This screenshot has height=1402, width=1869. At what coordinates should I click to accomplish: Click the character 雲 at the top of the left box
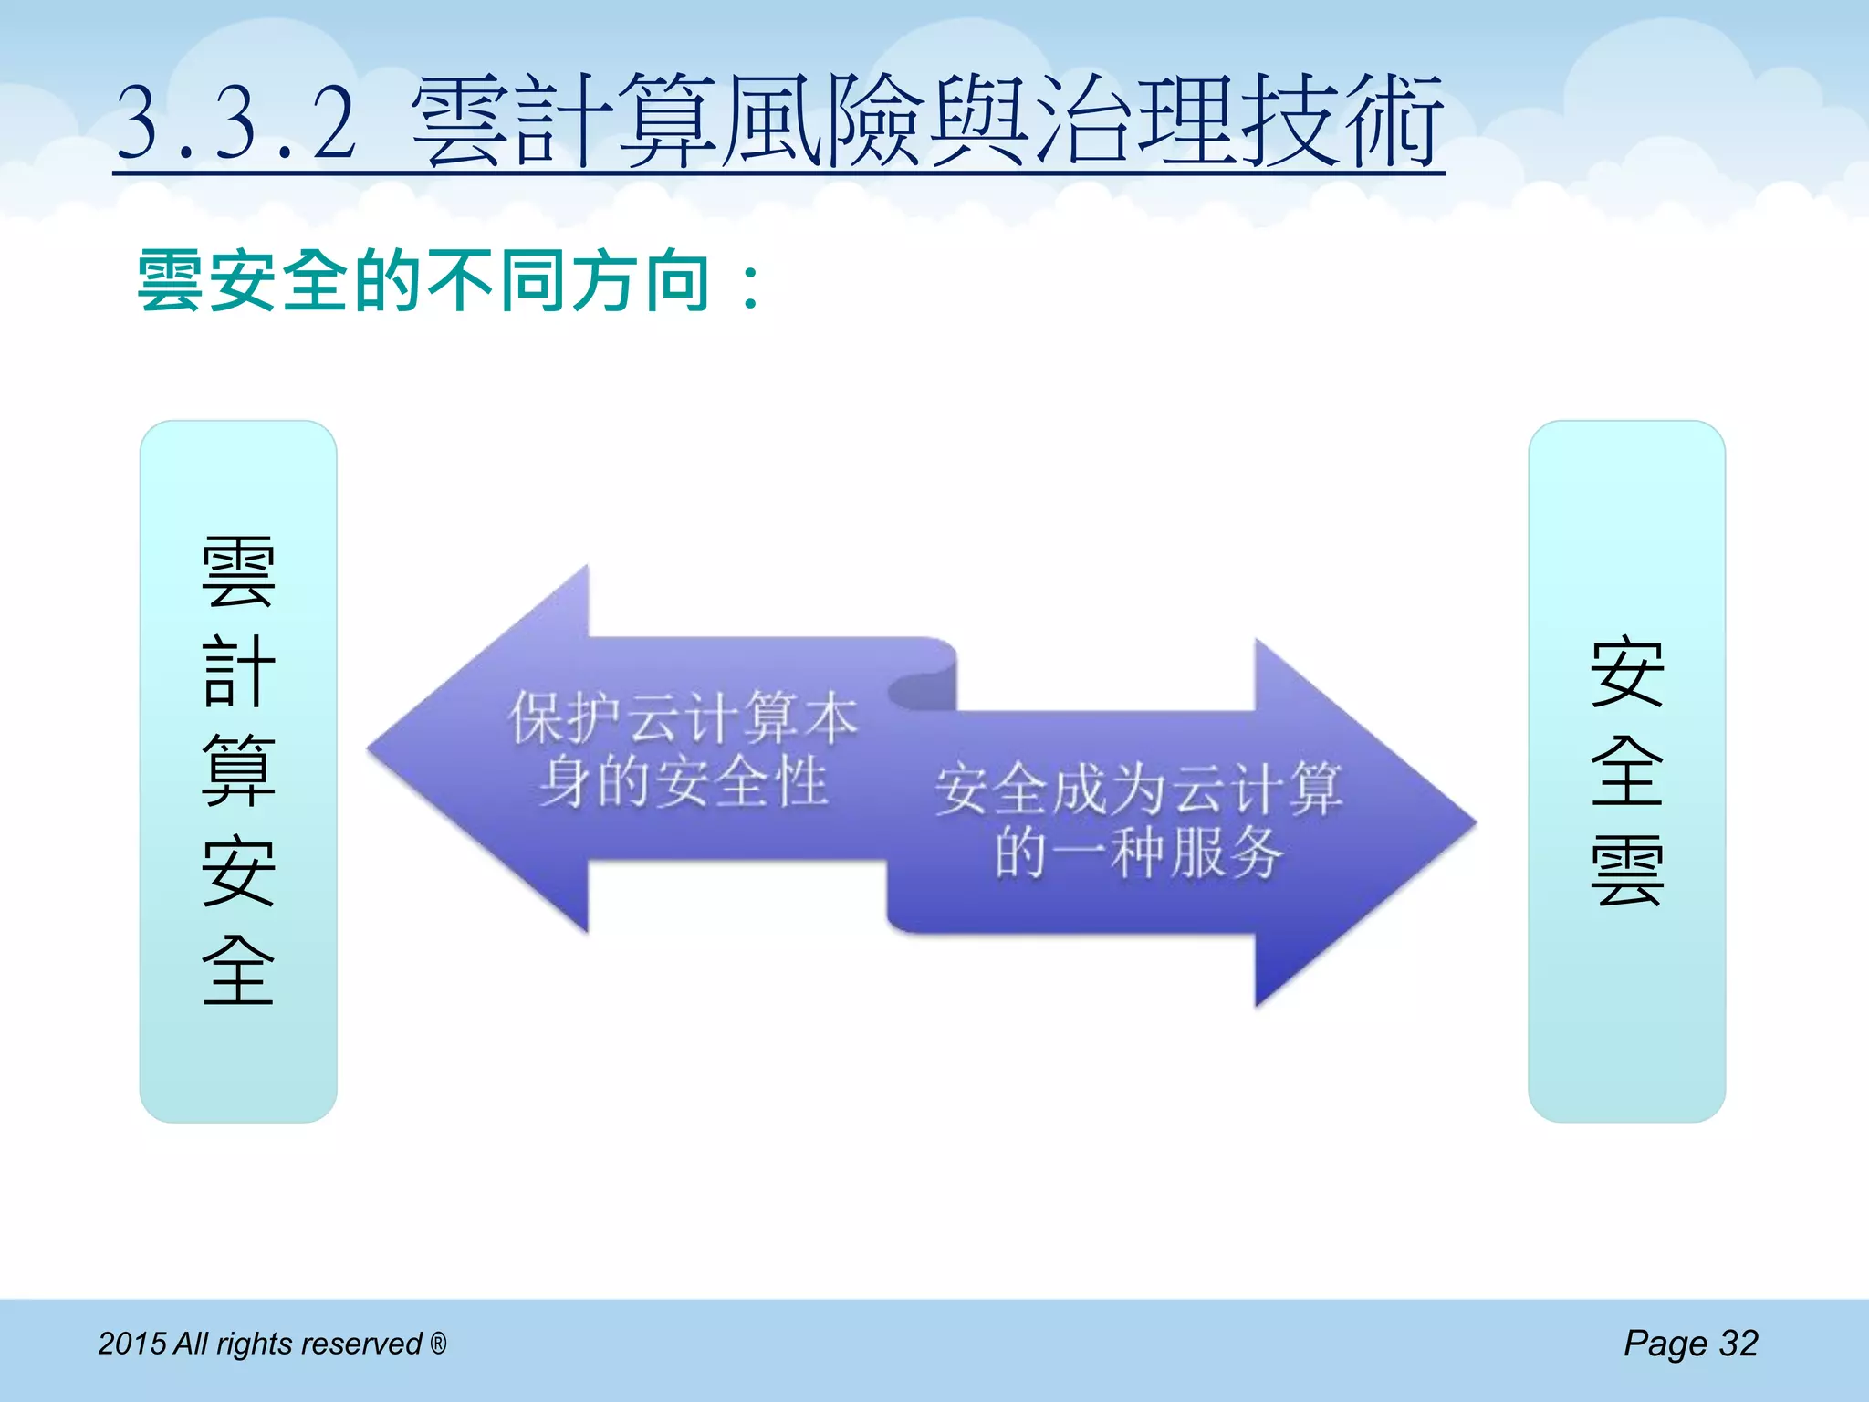238,572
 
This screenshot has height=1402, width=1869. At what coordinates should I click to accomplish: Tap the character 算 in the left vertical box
238,771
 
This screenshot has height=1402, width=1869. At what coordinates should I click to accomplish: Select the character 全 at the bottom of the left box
238,969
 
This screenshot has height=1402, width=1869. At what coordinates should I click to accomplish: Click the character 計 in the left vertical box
238,672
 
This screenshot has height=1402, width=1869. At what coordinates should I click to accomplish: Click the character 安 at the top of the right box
1627,673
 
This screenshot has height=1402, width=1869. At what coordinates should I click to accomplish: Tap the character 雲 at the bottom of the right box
1627,872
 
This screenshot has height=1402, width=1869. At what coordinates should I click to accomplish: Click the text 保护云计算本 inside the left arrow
683,718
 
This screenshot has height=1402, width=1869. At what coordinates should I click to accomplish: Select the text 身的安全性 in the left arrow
683,783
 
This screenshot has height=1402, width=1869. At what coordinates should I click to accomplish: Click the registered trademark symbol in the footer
438,1343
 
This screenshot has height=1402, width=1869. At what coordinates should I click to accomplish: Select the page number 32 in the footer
1738,1344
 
